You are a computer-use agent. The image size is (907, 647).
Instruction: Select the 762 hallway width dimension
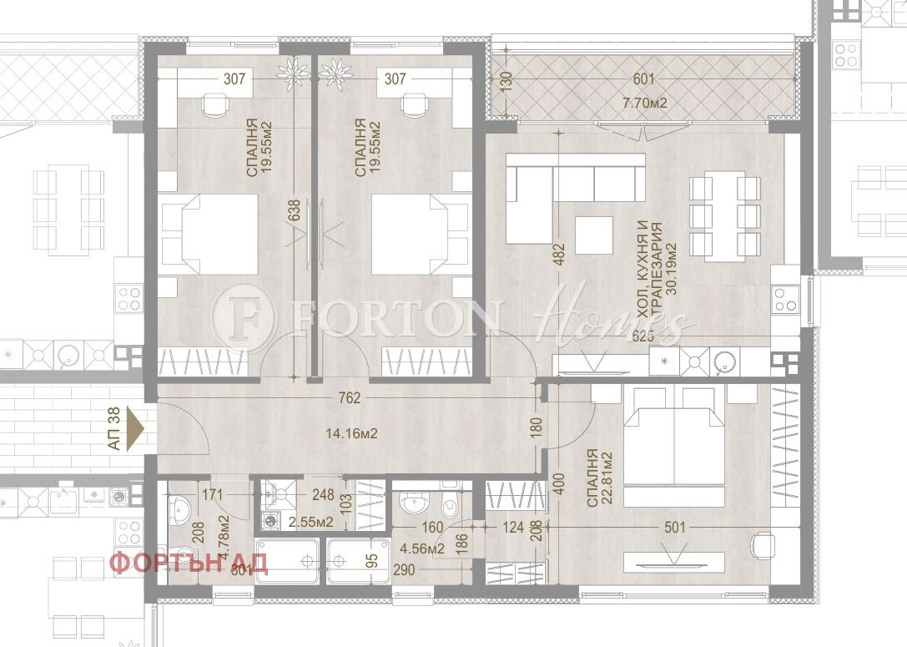(350, 398)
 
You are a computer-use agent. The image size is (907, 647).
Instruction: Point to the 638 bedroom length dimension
(294, 214)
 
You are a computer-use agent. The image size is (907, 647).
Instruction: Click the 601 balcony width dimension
(643, 79)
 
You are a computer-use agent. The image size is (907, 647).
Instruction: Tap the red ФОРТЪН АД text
(189, 563)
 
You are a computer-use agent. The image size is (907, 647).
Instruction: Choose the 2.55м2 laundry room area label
(311, 523)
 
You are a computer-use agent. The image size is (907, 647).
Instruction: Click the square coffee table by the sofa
(594, 235)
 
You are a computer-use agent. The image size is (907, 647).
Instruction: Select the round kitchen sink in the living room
(724, 361)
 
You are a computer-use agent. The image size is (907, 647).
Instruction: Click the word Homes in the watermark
(613, 317)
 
